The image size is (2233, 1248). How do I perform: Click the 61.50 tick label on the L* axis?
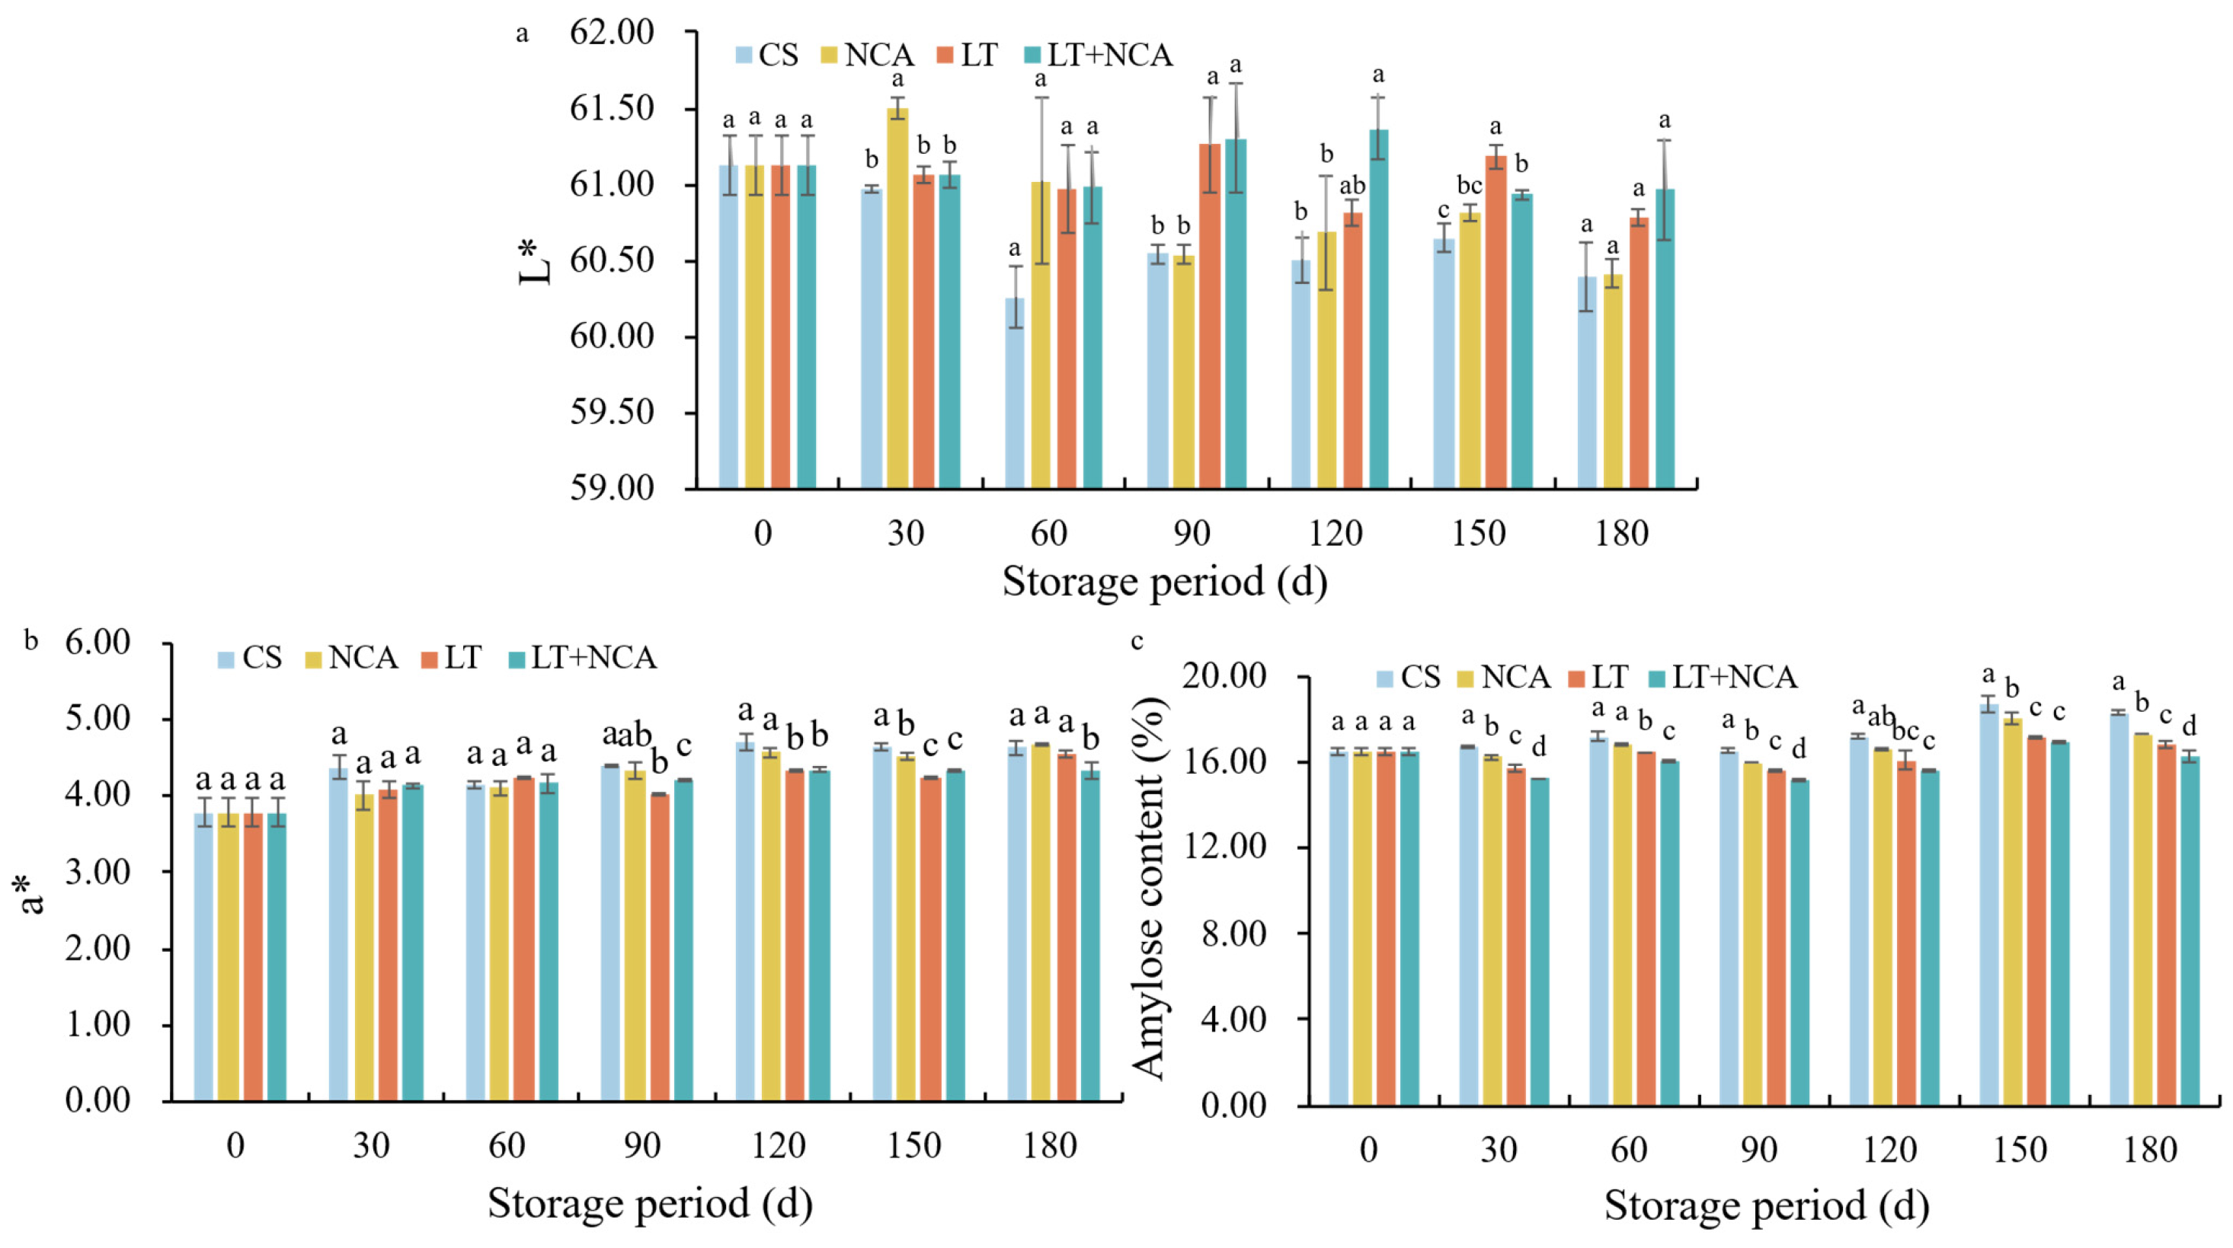pos(612,109)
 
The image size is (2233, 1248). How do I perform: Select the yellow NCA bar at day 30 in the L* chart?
pos(898,298)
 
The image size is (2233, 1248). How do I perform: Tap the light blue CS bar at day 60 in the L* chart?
pos(1014,394)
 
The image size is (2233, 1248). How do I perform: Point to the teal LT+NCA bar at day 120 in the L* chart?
pos(1378,309)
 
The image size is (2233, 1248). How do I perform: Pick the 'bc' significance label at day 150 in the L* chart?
pos(1470,186)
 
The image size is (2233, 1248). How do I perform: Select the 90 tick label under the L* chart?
pos(1192,532)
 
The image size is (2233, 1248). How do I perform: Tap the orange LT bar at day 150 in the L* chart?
pos(1496,321)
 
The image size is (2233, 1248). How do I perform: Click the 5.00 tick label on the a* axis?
pos(97,719)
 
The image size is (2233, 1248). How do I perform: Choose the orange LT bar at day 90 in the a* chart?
pos(660,947)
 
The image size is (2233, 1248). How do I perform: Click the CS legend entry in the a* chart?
pos(250,658)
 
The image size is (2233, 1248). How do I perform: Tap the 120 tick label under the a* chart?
pos(779,1146)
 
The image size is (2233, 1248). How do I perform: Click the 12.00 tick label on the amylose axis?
pos(1224,847)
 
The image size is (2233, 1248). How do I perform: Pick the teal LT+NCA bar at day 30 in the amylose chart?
pos(1539,942)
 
